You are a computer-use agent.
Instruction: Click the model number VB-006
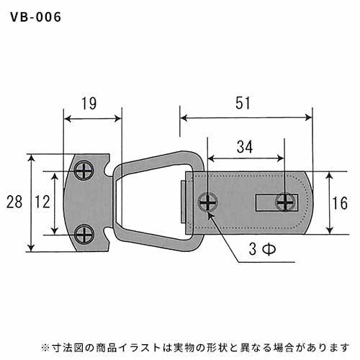[x=36, y=17]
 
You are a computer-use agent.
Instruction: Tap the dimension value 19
[x=89, y=104]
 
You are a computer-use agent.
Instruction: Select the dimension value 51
[x=243, y=103]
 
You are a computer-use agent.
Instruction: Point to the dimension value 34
[x=245, y=147]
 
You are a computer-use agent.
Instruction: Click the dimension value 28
[x=14, y=202]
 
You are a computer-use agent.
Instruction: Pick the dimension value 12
[x=42, y=202]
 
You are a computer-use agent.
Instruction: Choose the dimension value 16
[x=340, y=203]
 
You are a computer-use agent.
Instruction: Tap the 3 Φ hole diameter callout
[x=262, y=249]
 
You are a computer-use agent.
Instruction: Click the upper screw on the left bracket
[x=84, y=171]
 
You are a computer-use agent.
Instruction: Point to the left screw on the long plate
[x=208, y=202]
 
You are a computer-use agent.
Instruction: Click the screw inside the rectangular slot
[x=285, y=202]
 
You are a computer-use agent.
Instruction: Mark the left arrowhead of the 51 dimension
[x=184, y=118]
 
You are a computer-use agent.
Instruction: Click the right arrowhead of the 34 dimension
[x=281, y=158]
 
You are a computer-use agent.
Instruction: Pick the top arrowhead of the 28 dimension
[x=32, y=158]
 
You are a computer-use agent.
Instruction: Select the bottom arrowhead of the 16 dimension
[x=330, y=230]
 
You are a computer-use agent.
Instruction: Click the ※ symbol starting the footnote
[x=45, y=348]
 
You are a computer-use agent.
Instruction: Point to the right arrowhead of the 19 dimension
[x=117, y=119]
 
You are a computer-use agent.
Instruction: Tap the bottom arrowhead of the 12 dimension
[x=55, y=230]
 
